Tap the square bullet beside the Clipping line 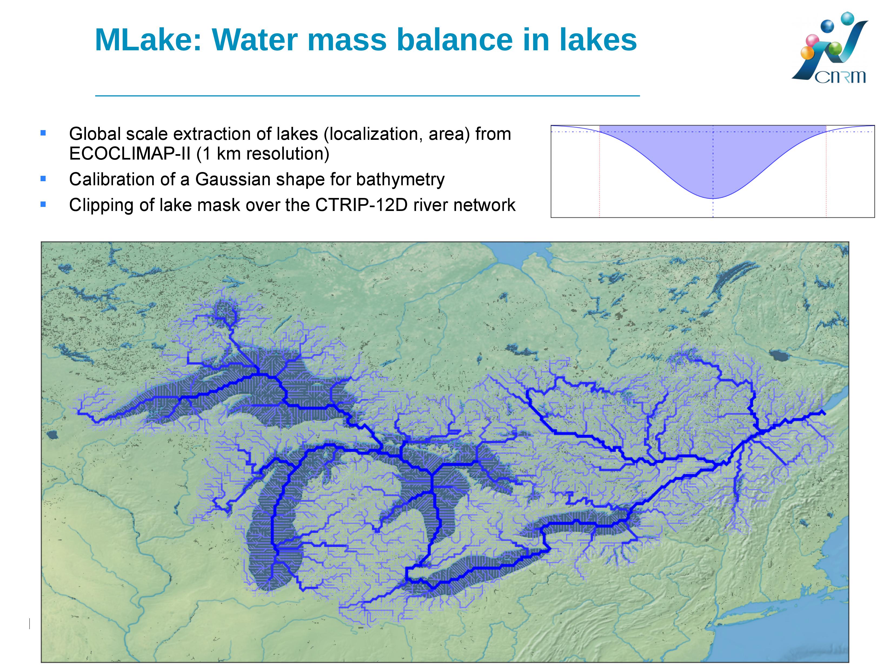pyautogui.click(x=43, y=204)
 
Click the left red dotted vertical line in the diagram pyautogui.click(x=599, y=171)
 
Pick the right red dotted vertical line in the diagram pyautogui.click(x=826, y=171)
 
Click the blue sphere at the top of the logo pyautogui.click(x=847, y=18)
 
